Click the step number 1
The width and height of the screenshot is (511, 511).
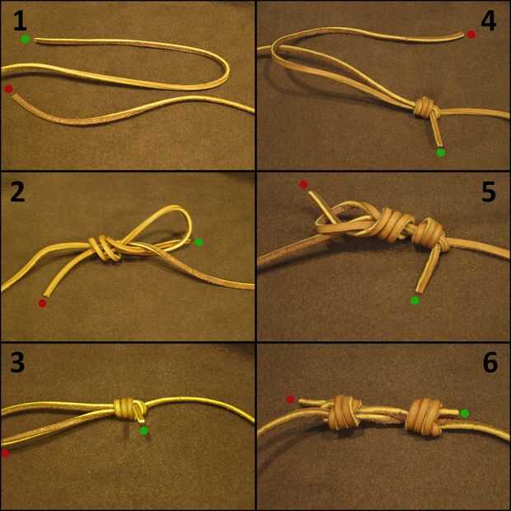(21, 21)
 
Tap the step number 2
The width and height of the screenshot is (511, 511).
(17, 192)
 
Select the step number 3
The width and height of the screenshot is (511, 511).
(17, 362)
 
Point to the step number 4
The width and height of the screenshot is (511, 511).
(488, 21)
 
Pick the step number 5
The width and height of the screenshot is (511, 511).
(489, 192)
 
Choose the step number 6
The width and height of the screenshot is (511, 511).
(490, 362)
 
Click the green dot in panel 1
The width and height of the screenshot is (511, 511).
(26, 39)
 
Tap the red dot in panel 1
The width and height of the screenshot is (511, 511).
(8, 89)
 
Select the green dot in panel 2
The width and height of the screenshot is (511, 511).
(199, 242)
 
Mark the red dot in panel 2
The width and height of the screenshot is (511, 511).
(42, 304)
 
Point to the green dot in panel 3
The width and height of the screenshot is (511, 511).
(143, 431)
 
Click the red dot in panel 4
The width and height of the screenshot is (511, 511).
(471, 35)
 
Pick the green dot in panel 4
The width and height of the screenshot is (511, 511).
(441, 153)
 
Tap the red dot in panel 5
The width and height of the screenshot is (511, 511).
(303, 185)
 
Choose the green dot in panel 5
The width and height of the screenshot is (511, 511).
(415, 300)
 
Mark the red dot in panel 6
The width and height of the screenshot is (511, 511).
(290, 400)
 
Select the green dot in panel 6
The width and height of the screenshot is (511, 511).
(465, 414)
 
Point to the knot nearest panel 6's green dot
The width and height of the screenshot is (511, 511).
(423, 416)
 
